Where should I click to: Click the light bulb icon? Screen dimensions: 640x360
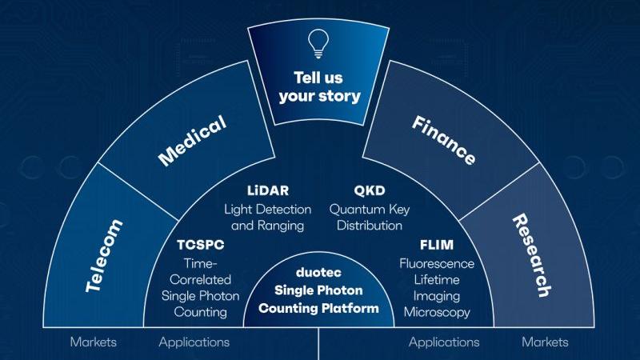click(x=319, y=40)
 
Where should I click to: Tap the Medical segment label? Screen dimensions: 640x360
click(x=192, y=140)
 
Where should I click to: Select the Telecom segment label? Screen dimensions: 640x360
click(x=103, y=255)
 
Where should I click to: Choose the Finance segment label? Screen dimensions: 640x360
click(x=444, y=140)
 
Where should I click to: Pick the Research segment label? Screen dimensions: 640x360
click(x=532, y=255)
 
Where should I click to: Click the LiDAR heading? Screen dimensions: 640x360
click(x=268, y=191)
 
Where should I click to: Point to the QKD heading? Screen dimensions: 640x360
click(x=370, y=191)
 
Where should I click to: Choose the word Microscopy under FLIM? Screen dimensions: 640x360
click(x=436, y=312)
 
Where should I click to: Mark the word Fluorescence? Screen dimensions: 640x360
click(x=436, y=263)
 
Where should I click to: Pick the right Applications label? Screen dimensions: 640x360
click(x=444, y=342)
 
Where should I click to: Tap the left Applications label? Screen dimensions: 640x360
click(x=194, y=342)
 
